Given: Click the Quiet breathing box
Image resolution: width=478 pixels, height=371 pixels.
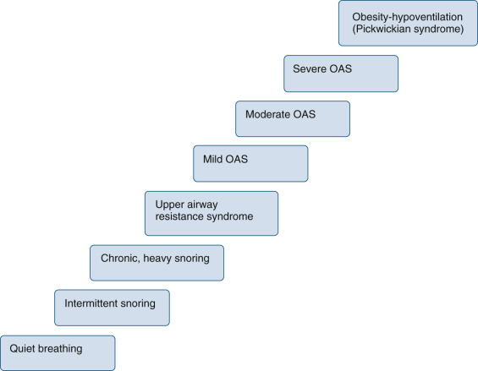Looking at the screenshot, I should [57, 352].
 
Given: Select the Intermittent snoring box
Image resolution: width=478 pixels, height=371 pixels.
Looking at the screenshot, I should [112, 308].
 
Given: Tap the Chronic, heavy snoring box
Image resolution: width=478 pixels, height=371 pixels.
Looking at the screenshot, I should [157, 262].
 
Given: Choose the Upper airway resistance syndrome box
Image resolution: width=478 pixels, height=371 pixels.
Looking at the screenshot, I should [211, 213].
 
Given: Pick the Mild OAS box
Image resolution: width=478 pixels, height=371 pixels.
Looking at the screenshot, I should [250, 164].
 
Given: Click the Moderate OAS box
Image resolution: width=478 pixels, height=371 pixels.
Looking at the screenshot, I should [293, 119].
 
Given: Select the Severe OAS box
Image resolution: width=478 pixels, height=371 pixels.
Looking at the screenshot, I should [340, 74].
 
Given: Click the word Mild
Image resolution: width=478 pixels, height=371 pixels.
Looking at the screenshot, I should [215, 158].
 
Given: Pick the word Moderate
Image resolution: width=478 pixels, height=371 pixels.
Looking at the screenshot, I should [268, 113].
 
